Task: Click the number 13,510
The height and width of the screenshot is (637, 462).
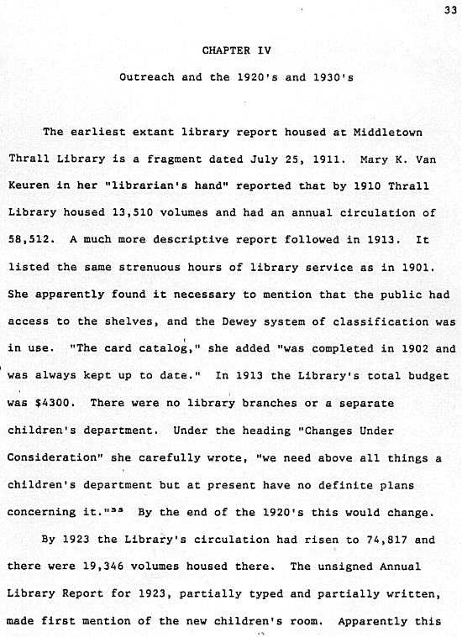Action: click(130, 213)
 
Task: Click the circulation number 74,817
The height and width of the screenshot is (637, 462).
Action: click(363, 540)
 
